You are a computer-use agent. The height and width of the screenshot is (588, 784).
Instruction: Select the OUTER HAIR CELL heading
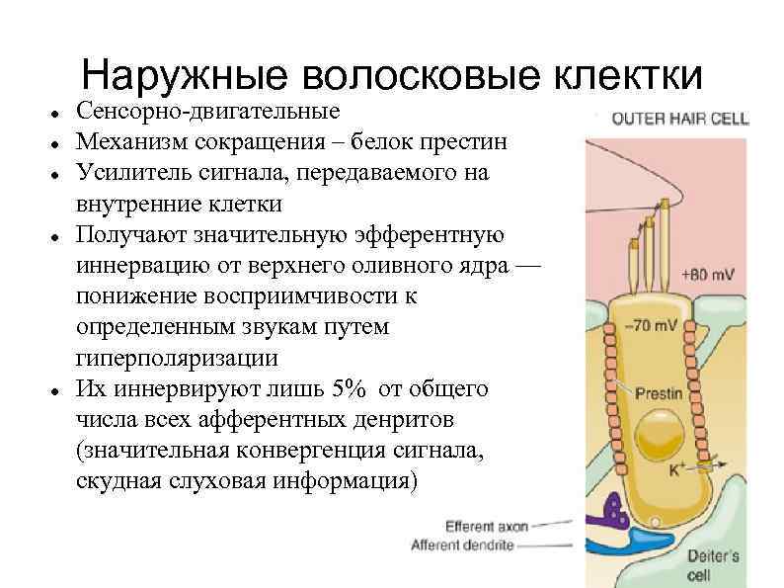680,120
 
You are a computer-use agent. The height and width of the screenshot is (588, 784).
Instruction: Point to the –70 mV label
654,325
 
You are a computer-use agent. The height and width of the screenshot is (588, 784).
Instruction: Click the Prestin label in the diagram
658,392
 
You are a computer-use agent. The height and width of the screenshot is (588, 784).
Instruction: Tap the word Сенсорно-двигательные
208,111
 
